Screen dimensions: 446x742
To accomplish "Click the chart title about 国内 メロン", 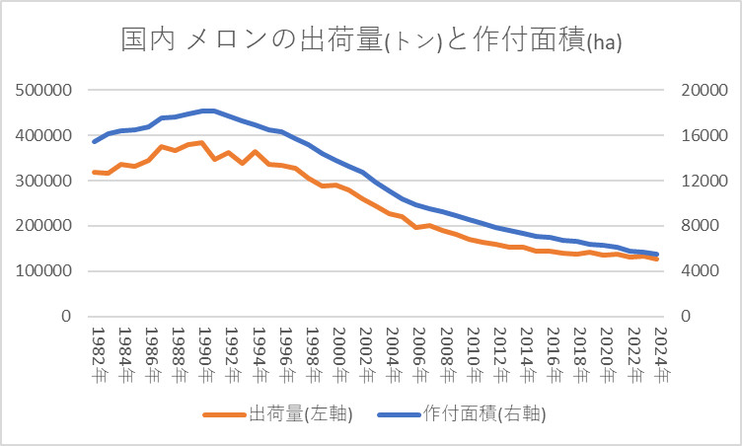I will (x=370, y=40).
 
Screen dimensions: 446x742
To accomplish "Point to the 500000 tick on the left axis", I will (x=44, y=90).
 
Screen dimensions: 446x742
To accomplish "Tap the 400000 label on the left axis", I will (x=44, y=135).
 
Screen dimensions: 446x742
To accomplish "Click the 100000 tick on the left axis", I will (x=44, y=271).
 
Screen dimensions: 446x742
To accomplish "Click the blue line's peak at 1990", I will (x=202, y=111).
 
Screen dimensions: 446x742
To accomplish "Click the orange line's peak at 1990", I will (x=202, y=142).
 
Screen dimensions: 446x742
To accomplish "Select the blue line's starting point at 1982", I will (x=95, y=142).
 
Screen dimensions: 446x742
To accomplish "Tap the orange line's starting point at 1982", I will (x=95, y=172).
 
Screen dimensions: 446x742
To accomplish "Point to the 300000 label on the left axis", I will (x=44, y=181).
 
